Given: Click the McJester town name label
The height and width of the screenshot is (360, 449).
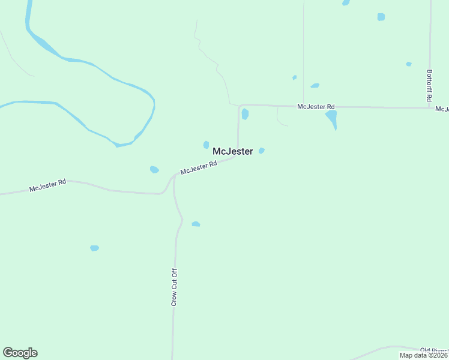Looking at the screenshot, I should (x=233, y=152).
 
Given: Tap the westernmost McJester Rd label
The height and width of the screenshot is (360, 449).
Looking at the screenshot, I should (x=47, y=185).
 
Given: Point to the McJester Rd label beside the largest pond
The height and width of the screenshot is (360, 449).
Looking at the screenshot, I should (x=316, y=106).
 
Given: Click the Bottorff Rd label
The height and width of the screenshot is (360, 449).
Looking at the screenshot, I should (x=429, y=85).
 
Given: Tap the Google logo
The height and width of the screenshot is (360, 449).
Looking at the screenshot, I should (x=20, y=353).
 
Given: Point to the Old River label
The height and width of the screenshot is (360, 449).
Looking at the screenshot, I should (x=434, y=350).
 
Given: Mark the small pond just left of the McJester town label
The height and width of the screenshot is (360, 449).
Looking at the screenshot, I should (x=206, y=145).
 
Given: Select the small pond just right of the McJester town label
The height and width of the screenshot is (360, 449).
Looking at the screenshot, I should (x=261, y=151).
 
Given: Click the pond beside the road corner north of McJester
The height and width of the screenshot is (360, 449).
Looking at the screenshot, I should (x=245, y=114).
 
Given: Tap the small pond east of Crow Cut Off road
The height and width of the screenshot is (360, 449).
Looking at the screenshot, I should (x=196, y=224).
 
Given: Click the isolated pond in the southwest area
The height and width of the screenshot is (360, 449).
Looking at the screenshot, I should (x=94, y=248).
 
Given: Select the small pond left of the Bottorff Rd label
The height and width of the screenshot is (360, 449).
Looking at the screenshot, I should (x=408, y=64).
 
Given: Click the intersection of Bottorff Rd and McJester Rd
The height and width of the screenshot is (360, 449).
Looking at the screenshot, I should (x=430, y=107).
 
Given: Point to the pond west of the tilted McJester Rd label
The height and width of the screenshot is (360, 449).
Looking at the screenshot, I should (x=154, y=170).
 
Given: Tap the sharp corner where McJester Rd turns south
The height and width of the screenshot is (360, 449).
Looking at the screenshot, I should (x=240, y=106).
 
